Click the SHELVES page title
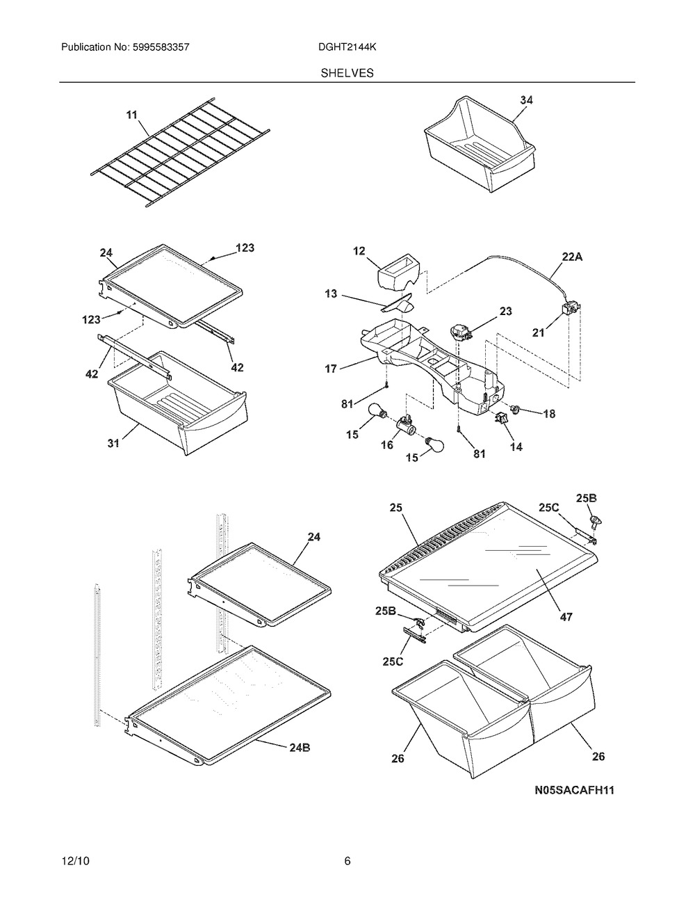347,73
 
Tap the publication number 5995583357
161,47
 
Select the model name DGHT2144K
347,47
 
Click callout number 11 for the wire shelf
131,115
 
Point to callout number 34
527,100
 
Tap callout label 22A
572,257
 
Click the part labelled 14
500,419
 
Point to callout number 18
549,413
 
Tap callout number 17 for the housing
331,368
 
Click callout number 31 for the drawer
113,443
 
